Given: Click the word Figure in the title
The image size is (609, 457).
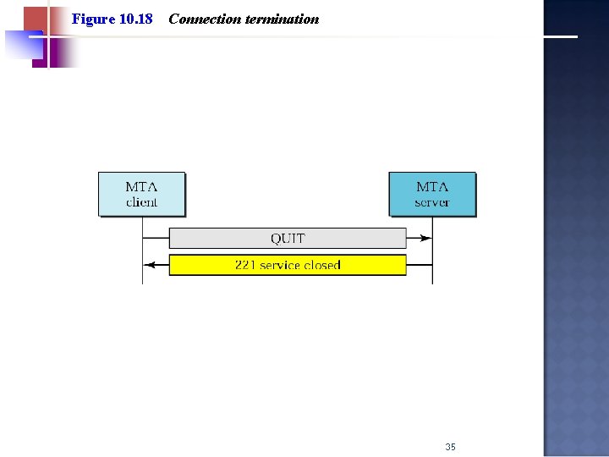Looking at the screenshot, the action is coord(92,19).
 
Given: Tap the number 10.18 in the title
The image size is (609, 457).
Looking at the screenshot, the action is coord(136,19).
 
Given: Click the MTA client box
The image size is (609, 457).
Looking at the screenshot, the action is coord(141,194).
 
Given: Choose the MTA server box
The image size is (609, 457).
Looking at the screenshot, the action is coord(432,194).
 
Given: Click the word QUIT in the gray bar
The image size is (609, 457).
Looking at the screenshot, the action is coord(288,239).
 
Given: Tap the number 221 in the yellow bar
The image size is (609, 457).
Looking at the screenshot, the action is coord(245,265).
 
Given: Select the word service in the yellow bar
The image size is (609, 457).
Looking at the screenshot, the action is coord(280,265).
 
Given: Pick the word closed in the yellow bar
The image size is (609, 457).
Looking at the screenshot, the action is coord(322,265).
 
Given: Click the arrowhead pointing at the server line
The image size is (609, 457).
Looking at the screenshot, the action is coord(427,239).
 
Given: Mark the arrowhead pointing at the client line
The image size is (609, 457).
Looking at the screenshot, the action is coord(148,265).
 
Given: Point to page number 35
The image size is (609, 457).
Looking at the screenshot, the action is coord(450,446).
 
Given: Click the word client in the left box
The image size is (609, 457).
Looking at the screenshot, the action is coord(141,202).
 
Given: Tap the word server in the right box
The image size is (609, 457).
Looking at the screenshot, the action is coord(432,202).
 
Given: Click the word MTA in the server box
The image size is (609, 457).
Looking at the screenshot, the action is coord(432,186).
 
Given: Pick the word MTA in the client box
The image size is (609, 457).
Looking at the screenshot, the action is coord(141,186).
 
